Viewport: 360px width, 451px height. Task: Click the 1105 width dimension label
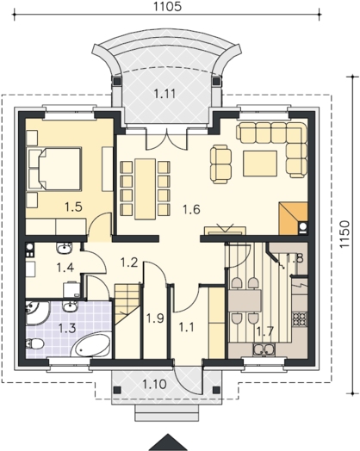pyautogui.click(x=167, y=6)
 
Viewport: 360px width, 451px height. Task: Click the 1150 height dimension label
pyautogui.click(x=344, y=234)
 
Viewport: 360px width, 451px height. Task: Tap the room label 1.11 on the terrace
pyautogui.click(x=164, y=94)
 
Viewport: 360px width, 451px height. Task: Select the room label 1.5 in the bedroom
pyautogui.click(x=73, y=207)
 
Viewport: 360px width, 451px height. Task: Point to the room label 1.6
pyautogui.click(x=191, y=209)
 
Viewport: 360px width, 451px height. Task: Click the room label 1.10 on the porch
pyautogui.click(x=154, y=384)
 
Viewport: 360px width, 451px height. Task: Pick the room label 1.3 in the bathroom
pyautogui.click(x=67, y=328)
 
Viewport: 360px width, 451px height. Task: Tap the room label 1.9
pyautogui.click(x=155, y=318)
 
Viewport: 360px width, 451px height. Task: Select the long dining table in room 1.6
pyautogui.click(x=146, y=188)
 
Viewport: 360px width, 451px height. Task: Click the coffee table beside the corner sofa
pyautogui.click(x=260, y=164)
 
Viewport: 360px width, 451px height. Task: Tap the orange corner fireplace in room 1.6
pyautogui.click(x=293, y=219)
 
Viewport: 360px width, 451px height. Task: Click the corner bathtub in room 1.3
pyautogui.click(x=91, y=346)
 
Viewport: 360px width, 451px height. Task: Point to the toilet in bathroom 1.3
pyautogui.click(x=34, y=343)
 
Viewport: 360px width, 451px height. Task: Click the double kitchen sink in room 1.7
pyautogui.click(x=264, y=349)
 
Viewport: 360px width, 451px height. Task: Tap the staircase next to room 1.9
pyautogui.click(x=127, y=305)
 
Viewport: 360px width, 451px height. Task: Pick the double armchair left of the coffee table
pyautogui.click(x=221, y=164)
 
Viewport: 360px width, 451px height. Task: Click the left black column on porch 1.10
pyautogui.click(x=117, y=390)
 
